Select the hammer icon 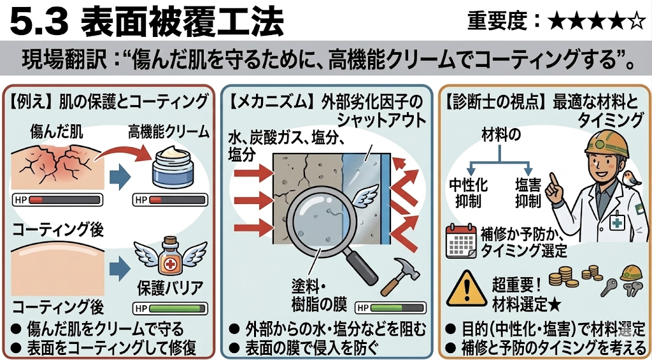pos(400,275)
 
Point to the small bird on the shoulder pos(628,178)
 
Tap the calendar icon pos(461,241)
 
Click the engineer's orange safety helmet pos(607,144)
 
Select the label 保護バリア pos(170,289)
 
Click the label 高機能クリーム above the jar pos(168,133)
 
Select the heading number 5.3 pos(39,22)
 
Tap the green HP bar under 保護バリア pos(170,309)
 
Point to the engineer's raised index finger pos(553,180)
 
